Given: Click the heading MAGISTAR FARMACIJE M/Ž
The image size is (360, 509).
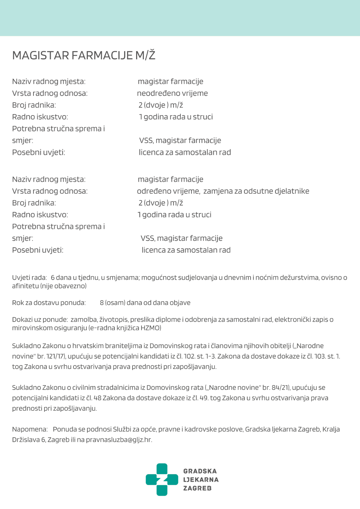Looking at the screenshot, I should (x=84, y=55).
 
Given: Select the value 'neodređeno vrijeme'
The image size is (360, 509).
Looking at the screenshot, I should (x=172, y=93).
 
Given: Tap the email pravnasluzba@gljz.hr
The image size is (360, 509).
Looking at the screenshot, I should (x=119, y=440).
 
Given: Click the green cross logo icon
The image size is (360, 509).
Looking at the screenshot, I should (x=162, y=479).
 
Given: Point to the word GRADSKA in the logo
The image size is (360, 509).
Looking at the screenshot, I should (x=200, y=471).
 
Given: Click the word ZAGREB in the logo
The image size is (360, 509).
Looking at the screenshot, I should (x=197, y=488).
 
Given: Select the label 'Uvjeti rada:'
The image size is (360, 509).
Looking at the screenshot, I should (x=30, y=278).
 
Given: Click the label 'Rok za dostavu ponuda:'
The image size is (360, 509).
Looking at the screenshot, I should (x=49, y=303).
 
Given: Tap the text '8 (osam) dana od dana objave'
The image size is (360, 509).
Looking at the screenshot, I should (x=145, y=303).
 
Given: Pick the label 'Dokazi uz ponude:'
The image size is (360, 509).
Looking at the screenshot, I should (x=40, y=319).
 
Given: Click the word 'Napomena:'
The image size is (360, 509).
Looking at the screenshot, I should (x=30, y=429).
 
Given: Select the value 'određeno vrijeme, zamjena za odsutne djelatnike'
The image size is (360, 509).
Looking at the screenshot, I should (x=223, y=191).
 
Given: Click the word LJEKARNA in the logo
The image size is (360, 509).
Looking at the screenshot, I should (x=201, y=479).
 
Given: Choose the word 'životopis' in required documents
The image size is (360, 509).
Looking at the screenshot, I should (x=113, y=319).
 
